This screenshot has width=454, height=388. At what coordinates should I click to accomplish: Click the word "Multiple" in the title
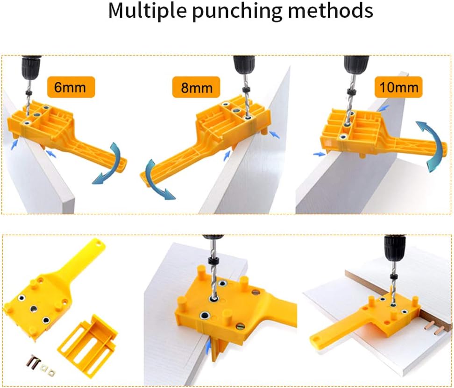[x=148, y=11]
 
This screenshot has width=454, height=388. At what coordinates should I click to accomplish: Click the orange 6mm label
[x=71, y=87]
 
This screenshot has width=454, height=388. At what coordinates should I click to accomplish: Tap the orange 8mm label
[x=196, y=87]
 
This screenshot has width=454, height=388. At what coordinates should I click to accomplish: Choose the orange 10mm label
[x=398, y=87]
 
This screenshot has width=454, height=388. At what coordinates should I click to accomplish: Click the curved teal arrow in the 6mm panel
[x=112, y=164]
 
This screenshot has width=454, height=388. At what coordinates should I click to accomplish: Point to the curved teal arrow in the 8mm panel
[x=156, y=179]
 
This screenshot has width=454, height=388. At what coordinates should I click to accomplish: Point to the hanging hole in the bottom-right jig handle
[x=315, y=339]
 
